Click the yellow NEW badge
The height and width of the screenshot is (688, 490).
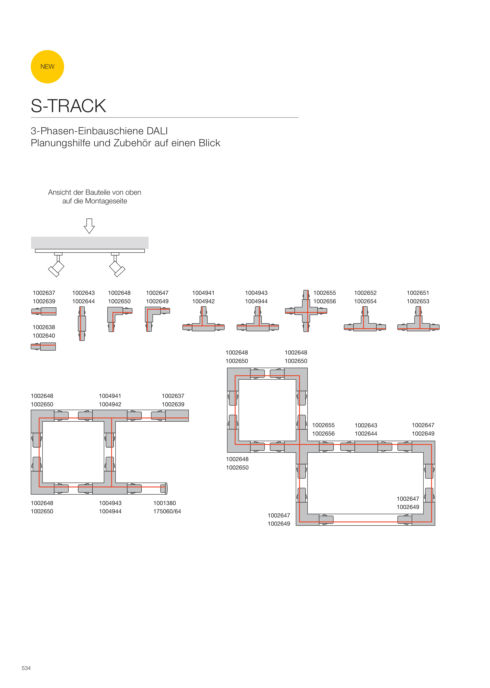(47, 67)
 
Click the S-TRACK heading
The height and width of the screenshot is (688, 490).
(68, 106)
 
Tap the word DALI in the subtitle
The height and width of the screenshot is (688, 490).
(157, 131)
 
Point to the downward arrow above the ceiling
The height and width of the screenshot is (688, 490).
(89, 226)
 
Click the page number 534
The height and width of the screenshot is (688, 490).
(26, 668)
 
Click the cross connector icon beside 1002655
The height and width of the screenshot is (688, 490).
(306, 311)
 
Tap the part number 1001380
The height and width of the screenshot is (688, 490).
(164, 503)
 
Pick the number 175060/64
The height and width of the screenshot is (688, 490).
(167, 511)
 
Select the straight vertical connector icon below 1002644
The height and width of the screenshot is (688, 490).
(82, 324)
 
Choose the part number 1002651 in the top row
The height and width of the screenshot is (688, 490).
(418, 293)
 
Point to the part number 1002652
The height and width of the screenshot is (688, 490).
(365, 293)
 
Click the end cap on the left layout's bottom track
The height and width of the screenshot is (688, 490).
(165, 488)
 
